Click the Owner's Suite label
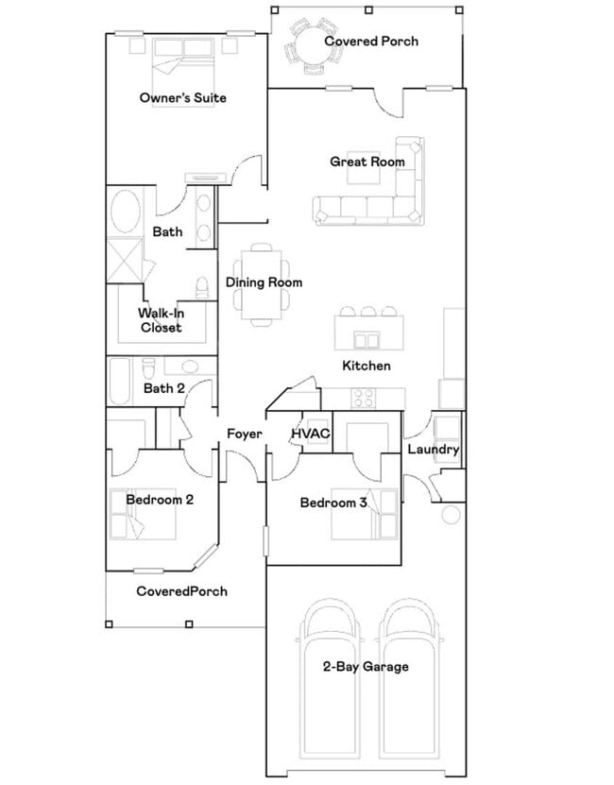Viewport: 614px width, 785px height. point(182,98)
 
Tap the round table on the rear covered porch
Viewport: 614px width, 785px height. point(311,44)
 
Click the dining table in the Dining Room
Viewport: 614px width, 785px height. point(262,283)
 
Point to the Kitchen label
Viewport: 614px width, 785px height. point(367,366)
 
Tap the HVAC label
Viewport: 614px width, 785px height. point(310,434)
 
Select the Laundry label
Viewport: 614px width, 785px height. point(433,450)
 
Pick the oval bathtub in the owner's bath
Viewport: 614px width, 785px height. point(126,213)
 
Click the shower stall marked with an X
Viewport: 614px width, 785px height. point(126,259)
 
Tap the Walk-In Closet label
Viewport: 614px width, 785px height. point(161,320)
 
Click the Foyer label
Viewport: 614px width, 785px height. point(244,435)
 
